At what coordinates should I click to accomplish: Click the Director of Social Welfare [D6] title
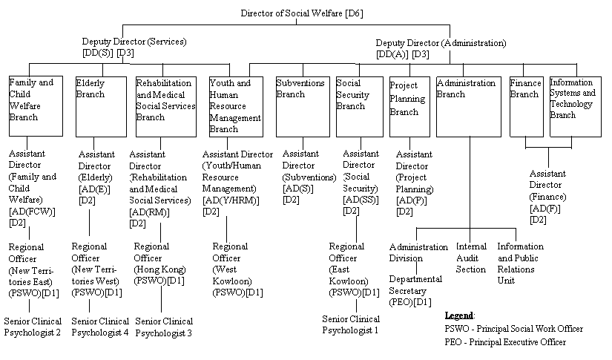click(300, 13)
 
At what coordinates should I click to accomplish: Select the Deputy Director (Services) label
click(134, 42)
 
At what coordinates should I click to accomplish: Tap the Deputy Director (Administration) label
click(441, 43)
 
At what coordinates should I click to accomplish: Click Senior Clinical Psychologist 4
click(100, 327)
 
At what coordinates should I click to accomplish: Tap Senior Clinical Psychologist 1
click(350, 324)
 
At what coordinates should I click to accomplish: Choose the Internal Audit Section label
click(471, 258)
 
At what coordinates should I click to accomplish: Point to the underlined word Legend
click(459, 315)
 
